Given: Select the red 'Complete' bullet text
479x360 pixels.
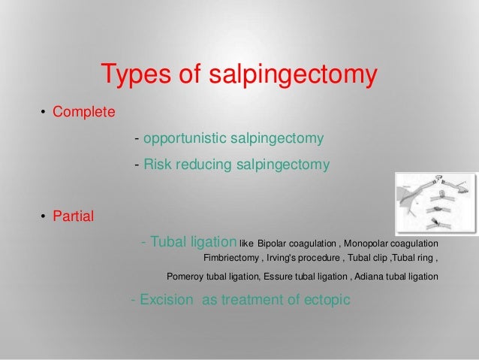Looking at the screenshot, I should [x=83, y=113].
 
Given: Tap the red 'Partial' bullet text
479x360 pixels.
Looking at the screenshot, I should [x=73, y=217].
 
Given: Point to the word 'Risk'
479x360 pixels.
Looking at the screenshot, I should [x=157, y=165].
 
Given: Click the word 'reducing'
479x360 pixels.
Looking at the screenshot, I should [x=203, y=165].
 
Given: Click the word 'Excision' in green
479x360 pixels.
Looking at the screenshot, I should [x=167, y=300].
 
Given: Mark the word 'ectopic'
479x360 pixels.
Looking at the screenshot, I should [x=324, y=300].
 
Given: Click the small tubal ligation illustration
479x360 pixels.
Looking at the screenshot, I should [x=436, y=202].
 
